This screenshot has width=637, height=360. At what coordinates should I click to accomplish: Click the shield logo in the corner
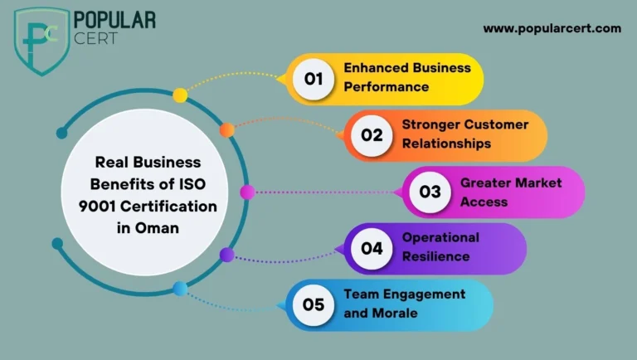(x=41, y=41)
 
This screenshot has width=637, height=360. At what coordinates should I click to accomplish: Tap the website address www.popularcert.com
(x=552, y=29)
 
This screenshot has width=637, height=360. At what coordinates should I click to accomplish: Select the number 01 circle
(x=314, y=79)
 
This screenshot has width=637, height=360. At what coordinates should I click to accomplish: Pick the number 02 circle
(x=372, y=135)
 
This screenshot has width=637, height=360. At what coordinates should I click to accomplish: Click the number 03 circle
(x=430, y=192)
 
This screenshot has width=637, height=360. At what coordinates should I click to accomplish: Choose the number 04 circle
(x=372, y=248)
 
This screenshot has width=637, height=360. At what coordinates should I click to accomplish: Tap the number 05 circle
(x=314, y=304)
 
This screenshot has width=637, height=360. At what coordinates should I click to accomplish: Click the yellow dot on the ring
(x=180, y=95)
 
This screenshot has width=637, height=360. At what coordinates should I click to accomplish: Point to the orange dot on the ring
(x=227, y=130)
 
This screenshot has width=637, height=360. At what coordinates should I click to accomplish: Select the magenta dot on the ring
(x=247, y=192)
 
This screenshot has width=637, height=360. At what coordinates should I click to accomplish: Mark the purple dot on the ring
(x=227, y=255)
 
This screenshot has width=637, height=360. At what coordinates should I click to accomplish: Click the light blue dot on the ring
(x=180, y=289)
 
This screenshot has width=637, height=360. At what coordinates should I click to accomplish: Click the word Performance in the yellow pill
(x=387, y=87)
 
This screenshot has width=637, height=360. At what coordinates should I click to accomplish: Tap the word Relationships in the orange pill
(x=446, y=144)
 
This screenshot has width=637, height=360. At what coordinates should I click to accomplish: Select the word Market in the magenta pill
(x=537, y=182)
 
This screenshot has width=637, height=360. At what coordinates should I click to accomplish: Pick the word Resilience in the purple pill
(x=436, y=256)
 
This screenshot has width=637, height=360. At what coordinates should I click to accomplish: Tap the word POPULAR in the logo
(x=114, y=20)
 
